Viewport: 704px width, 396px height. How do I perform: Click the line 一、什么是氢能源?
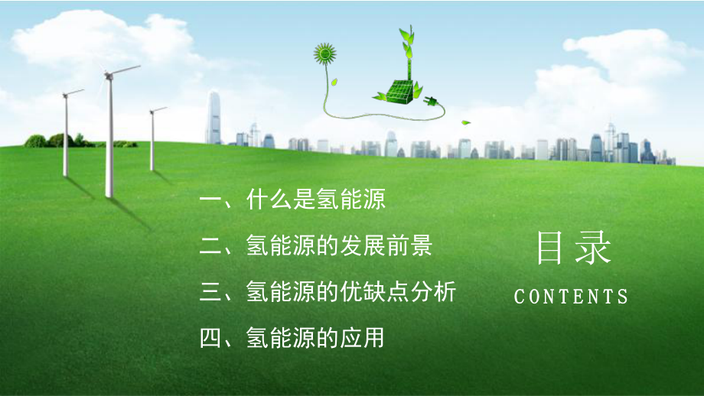click(x=292, y=199)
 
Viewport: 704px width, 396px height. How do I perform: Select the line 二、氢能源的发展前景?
click(x=315, y=245)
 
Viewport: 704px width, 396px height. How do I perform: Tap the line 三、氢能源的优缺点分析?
click(x=328, y=291)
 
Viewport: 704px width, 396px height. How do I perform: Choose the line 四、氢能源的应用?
click(x=292, y=338)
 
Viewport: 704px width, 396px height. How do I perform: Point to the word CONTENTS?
click(x=571, y=297)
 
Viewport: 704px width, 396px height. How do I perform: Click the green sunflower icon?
click(x=324, y=54)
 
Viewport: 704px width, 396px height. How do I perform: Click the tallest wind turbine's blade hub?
click(x=108, y=76)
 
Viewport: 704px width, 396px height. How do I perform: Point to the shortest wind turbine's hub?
click(x=152, y=111)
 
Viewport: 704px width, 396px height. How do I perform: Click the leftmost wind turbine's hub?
click(x=66, y=95)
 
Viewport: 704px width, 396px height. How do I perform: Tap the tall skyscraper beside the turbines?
click(x=213, y=118)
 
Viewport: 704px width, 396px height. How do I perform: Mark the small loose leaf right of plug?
click(x=466, y=122)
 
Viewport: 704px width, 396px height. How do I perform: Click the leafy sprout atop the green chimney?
click(x=407, y=43)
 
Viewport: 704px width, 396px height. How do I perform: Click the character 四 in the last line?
click(x=210, y=338)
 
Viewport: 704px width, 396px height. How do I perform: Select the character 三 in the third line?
click(x=210, y=292)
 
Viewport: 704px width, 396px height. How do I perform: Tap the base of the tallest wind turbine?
click(x=109, y=195)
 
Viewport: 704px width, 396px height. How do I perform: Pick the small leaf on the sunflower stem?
click(x=334, y=83)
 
